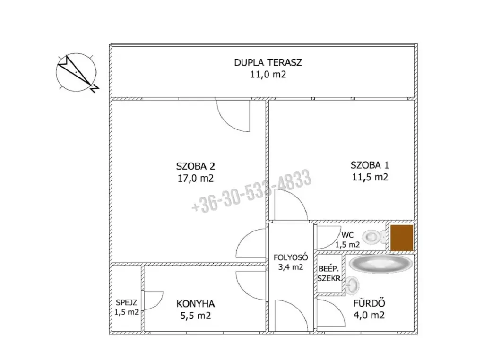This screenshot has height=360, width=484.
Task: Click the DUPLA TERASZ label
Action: pyautogui.click(x=268, y=63)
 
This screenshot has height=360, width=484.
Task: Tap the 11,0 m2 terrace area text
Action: pyautogui.click(x=268, y=75)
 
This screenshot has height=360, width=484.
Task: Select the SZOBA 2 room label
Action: pyautogui.click(x=195, y=166)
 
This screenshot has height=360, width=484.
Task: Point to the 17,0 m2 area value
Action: pyautogui.click(x=195, y=178)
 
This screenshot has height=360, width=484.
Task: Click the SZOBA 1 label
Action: pyautogui.click(x=370, y=165)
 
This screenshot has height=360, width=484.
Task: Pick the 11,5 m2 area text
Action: pyautogui.click(x=370, y=177)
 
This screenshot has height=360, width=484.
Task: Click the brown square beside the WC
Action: pyautogui.click(x=402, y=238)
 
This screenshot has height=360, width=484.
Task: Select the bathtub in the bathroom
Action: pyautogui.click(x=380, y=264)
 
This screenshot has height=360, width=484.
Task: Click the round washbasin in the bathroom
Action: pyautogui.click(x=352, y=285)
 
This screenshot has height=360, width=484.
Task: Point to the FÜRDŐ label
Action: pyautogui.click(x=369, y=303)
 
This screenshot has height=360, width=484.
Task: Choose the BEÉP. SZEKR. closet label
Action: pyautogui.click(x=329, y=274)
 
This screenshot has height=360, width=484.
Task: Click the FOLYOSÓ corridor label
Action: pyautogui.click(x=291, y=257)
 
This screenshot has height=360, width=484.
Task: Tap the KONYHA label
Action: pyautogui.click(x=195, y=304)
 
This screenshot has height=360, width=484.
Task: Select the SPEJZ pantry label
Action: pyautogui.click(x=127, y=303)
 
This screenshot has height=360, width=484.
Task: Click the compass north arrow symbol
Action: pyautogui.click(x=77, y=73)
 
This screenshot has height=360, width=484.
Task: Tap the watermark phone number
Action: pyautogui.click(x=251, y=191)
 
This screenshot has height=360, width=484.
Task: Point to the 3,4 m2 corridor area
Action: pyautogui.click(x=291, y=267)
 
